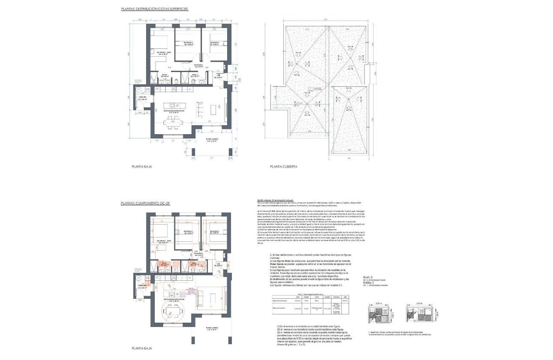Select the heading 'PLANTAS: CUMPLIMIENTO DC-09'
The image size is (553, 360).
click(x=145, y=203)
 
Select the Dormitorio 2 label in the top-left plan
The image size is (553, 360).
click(x=188, y=43)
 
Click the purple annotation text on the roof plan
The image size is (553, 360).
click(x=318, y=89)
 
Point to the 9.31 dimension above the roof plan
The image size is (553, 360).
click(x=326, y=20)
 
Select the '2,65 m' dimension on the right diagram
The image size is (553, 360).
click(x=418, y=303)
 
